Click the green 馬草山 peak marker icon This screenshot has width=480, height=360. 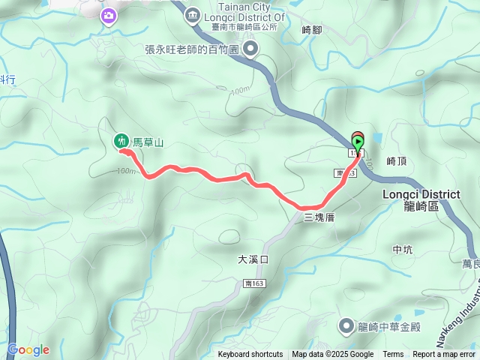click(121, 140)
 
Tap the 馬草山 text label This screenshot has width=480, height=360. click(148, 141)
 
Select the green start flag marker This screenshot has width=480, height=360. click(358, 141)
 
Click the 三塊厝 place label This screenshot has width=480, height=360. click(318, 217)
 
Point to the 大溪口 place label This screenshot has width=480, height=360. click(253, 259)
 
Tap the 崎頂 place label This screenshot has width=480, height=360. click(396, 160)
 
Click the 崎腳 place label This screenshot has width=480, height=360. click(310, 30)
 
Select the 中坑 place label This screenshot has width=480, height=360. click(402, 249)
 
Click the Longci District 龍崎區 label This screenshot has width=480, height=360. click(421, 199)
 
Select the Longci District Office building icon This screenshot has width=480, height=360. click(192, 15)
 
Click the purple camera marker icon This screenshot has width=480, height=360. click(109, 15)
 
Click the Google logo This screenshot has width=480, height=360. click(28, 349)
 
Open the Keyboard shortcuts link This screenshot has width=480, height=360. click(250, 355)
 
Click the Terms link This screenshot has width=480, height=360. click(393, 355)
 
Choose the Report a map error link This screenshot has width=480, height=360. click(444, 355)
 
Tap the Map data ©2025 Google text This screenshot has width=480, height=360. click(332, 355)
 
